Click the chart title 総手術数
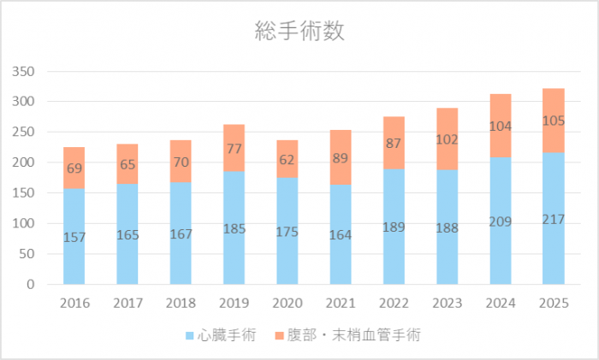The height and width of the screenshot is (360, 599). [299, 32]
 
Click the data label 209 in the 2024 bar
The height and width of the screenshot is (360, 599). [501, 222]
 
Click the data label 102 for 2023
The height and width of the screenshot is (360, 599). [448, 139]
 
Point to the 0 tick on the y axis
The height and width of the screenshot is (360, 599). [29, 284]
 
